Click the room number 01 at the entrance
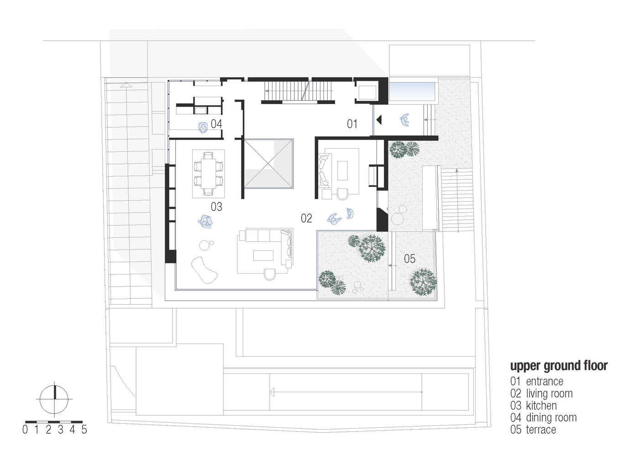pyautogui.click(x=352, y=124)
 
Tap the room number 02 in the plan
pyautogui.click(x=306, y=218)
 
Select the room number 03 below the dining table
pyautogui.click(x=216, y=207)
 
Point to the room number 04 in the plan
pyautogui.click(x=216, y=124)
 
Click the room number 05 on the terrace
pyautogui.click(x=410, y=259)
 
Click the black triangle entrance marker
pyautogui.click(x=378, y=120)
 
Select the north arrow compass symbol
pyautogui.click(x=55, y=399)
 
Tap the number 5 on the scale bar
pyautogui.click(x=84, y=430)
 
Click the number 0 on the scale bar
pyautogui.click(x=25, y=430)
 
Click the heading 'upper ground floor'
pyautogui.click(x=559, y=366)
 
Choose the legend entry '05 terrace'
pyautogui.click(x=533, y=430)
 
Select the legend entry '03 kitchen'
pyautogui.click(x=534, y=405)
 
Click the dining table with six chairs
pyautogui.click(x=209, y=174)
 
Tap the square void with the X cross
pyautogui.click(x=267, y=163)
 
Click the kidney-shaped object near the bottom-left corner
pyautogui.click(x=204, y=270)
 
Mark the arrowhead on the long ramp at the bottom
pyautogui.click(x=272, y=392)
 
